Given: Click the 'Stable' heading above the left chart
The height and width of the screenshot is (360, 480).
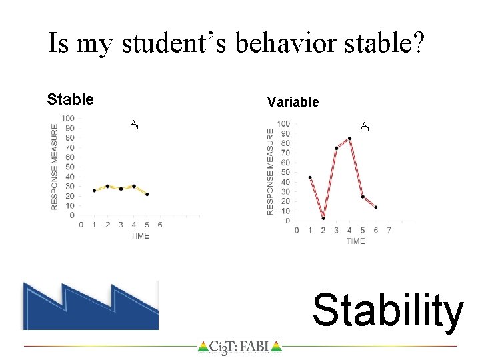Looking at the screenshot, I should click(x=70, y=100).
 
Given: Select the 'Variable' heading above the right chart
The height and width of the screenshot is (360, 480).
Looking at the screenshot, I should click(x=293, y=102).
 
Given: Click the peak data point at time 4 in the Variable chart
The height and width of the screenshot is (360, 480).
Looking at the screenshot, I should click(x=349, y=139).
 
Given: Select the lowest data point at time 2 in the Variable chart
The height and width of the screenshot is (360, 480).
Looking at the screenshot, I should click(x=323, y=218).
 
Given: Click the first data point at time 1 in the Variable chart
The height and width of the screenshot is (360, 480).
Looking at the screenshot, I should click(x=310, y=177).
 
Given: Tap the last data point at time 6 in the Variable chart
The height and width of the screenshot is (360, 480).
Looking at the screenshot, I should click(x=376, y=207).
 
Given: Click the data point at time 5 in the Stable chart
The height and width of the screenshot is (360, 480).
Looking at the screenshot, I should click(x=147, y=195).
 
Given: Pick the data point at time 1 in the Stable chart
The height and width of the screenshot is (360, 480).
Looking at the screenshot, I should click(x=94, y=191).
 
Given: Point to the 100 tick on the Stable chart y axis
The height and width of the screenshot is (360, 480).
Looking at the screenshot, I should click(x=67, y=119).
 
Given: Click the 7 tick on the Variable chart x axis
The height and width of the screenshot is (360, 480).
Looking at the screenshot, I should click(x=389, y=231).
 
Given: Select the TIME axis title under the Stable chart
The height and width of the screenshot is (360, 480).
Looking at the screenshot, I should click(x=140, y=236).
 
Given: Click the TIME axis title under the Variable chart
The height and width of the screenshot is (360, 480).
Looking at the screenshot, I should click(x=355, y=241).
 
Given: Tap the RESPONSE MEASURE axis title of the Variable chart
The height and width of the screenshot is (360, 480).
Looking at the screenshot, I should click(x=271, y=171).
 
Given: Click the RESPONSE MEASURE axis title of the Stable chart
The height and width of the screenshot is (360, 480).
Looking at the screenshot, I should click(x=55, y=167).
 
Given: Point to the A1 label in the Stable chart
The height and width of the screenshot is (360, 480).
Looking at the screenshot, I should click(x=134, y=124).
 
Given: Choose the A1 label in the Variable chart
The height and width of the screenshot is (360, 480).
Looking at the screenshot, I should click(x=365, y=126).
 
